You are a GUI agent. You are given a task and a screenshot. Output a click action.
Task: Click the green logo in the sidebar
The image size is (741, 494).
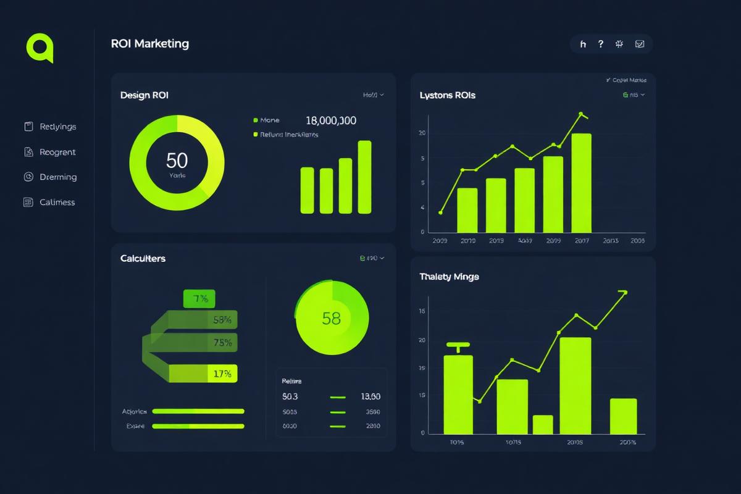40,47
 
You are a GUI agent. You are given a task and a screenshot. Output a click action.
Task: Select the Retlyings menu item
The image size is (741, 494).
57,127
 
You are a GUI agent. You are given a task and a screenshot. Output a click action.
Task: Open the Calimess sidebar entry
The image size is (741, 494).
57,202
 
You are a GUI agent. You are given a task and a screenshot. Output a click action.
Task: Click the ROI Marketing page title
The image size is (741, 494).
150,44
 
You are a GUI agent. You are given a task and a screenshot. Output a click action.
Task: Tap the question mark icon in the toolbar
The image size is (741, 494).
600,44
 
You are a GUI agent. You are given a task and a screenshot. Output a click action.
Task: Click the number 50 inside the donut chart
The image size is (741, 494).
177,161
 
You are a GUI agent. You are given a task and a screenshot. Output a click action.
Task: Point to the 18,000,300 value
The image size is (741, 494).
331,121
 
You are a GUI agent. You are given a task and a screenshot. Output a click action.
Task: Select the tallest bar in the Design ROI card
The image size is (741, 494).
365,177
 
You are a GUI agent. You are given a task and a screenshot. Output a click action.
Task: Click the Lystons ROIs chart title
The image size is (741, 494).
448,96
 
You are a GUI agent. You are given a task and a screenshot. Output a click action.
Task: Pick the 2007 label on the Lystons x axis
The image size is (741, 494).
582,241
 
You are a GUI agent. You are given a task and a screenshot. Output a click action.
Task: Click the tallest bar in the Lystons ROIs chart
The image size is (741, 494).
582,183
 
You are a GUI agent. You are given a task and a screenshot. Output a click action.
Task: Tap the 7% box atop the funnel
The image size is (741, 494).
199,299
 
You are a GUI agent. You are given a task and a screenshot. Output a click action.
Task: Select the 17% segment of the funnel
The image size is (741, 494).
222,374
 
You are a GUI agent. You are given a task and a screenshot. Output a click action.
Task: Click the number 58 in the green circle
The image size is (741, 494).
332,319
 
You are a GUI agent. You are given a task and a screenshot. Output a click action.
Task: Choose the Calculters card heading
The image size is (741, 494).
143,259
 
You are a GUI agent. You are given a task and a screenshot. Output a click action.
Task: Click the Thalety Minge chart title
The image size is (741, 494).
449,277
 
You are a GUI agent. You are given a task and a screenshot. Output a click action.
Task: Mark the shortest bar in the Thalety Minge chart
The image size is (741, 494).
543,424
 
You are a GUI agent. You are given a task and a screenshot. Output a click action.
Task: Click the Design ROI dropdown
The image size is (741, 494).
374,95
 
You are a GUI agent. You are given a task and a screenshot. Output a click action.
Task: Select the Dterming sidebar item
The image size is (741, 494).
58,177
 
